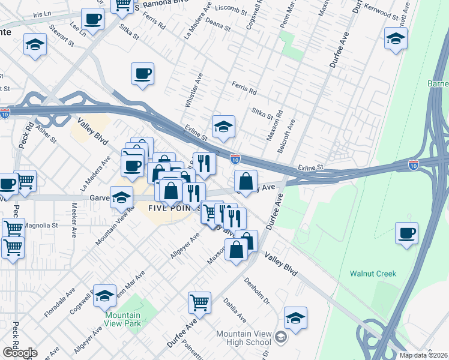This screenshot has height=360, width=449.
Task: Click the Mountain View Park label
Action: point(122,319)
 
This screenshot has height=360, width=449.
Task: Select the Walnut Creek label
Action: point(373,274)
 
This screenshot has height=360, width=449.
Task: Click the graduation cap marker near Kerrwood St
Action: point(395,40)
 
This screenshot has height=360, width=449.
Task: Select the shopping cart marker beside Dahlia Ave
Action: point(199,302)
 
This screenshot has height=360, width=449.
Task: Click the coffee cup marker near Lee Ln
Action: point(92,19)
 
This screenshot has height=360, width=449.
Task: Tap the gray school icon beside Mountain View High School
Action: point(280,338)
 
